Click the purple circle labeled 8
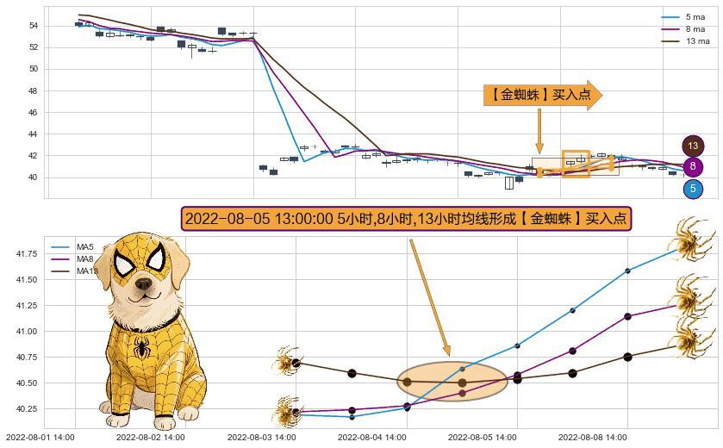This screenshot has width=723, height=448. click(692, 167)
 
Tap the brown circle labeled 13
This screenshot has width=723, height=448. click(692, 146)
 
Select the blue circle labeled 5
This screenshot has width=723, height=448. click(692, 189)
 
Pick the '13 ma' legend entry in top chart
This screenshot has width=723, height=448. click(697, 40)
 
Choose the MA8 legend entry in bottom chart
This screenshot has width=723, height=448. click(84, 259)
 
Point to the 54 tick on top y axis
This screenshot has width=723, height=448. click(32, 26)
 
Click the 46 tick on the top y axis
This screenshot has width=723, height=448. click(32, 113)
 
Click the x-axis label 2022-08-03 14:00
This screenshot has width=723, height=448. click(261, 438)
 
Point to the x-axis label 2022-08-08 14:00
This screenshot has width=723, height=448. click(592, 438)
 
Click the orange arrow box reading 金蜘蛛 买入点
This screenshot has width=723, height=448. click(542, 96)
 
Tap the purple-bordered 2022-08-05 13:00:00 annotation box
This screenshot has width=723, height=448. click(407, 219)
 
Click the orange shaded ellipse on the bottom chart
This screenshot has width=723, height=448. click(452, 382)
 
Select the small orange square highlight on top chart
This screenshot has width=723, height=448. click(576, 164)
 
